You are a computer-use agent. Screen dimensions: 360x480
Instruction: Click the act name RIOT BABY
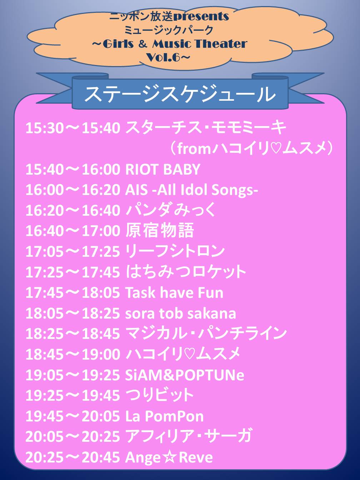click(x=162, y=169)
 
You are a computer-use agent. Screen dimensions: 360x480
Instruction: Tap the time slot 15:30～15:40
click(x=73, y=128)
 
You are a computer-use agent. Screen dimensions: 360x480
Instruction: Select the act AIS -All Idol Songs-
click(x=191, y=190)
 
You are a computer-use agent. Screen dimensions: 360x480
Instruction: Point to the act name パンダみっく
click(x=171, y=210)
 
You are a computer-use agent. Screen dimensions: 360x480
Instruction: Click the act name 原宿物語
click(x=160, y=230)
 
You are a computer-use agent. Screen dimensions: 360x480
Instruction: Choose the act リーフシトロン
click(x=175, y=251)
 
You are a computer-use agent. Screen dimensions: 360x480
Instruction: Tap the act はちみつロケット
click(x=186, y=271)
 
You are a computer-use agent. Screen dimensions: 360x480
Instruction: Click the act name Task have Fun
click(x=174, y=292)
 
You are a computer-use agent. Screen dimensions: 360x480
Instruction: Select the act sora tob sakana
click(x=181, y=313)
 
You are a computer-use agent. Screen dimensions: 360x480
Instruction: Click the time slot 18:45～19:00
click(x=73, y=354)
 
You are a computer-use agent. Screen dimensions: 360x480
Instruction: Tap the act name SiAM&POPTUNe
click(x=185, y=375)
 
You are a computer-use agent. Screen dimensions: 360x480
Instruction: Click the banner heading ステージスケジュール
click(x=180, y=94)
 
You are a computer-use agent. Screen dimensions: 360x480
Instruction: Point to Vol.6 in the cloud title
click(x=163, y=57)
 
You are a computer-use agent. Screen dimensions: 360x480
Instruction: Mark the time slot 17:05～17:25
click(x=73, y=251)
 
